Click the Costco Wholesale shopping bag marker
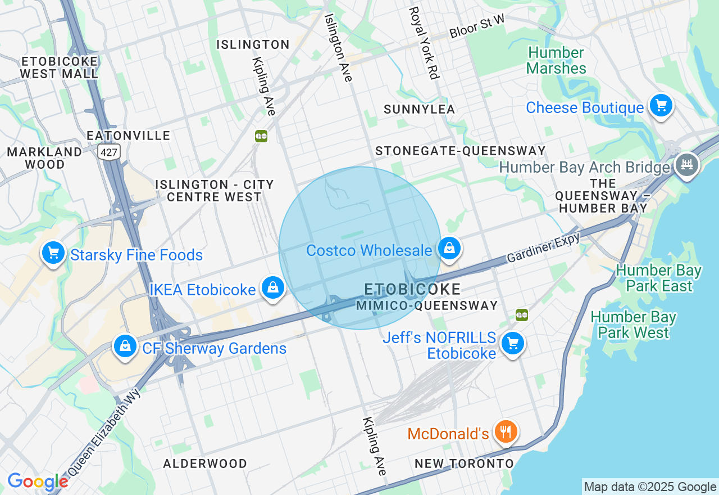click(x=449, y=248)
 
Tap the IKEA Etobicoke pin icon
click(x=272, y=287)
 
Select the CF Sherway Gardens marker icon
click(x=125, y=346)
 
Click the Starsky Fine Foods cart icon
click(x=53, y=253)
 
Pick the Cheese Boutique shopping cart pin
click(x=661, y=105)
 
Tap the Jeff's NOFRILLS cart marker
click(x=512, y=343)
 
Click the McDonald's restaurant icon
click(x=506, y=432)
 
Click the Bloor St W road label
click(x=477, y=27)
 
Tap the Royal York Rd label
click(x=424, y=43)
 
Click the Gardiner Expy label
click(x=543, y=248)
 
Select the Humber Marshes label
click(x=557, y=61)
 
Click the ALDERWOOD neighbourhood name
click(x=205, y=463)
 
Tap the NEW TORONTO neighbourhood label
click(x=464, y=463)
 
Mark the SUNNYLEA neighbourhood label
click(x=419, y=110)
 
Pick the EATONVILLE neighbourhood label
click(x=129, y=136)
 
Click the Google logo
click(x=38, y=481)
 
